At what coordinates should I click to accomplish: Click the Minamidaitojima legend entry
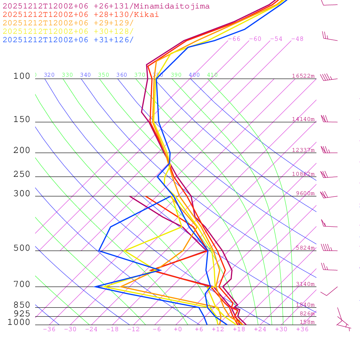click(106, 6)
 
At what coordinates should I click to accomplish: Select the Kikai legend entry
click(81, 15)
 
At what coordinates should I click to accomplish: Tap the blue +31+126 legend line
click(68, 40)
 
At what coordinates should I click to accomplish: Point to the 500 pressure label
click(22, 248)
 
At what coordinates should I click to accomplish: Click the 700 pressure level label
click(22, 284)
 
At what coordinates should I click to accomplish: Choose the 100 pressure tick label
click(22, 76)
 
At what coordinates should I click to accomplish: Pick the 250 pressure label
click(22, 174)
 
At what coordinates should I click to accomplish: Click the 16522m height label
click(303, 76)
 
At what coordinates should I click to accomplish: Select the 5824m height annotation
click(305, 248)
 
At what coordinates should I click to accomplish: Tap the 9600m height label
click(305, 193)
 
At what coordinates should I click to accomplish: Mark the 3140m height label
click(305, 284)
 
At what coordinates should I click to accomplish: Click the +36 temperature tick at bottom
click(302, 329)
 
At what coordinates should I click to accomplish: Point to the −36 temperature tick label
click(49, 329)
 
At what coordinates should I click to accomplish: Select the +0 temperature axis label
click(178, 329)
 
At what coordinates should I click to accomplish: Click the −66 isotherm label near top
click(234, 39)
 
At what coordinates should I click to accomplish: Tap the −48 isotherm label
click(297, 39)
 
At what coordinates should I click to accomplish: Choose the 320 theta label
click(49, 75)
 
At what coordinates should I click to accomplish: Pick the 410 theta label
click(212, 75)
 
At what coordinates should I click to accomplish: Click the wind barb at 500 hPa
click(327, 248)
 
